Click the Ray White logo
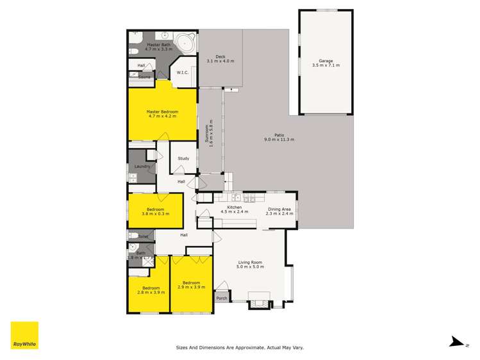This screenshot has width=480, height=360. click(x=24, y=335)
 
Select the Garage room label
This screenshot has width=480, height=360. click(x=322, y=61)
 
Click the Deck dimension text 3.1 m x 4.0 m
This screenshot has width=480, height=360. click(x=220, y=61)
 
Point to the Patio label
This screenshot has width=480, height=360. click(x=279, y=135)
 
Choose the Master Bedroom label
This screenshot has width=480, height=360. click(x=162, y=111)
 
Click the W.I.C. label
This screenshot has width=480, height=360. click(x=183, y=73)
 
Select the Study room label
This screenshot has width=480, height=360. click(x=183, y=158)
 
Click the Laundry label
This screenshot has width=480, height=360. click(x=142, y=167)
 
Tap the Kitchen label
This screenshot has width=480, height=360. click(x=235, y=208)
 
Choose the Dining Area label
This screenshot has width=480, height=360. click(x=279, y=209)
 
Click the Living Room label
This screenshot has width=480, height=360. click(x=251, y=263)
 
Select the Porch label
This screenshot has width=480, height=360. click(x=222, y=298)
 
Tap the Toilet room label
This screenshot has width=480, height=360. click(x=142, y=236)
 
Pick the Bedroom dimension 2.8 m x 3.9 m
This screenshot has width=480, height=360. click(x=151, y=292)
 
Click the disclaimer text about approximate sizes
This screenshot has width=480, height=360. click(x=240, y=347)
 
